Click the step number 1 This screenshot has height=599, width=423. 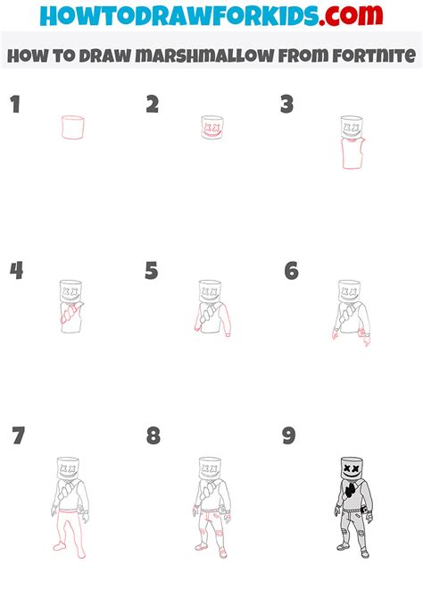pyautogui.click(x=15, y=105)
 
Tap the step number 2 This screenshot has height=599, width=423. pyautogui.click(x=153, y=105)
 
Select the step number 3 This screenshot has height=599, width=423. pyautogui.click(x=286, y=105)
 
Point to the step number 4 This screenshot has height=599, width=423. pyautogui.click(x=16, y=271)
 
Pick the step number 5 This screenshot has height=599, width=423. pyautogui.click(x=152, y=271)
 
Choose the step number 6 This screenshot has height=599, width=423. pyautogui.click(x=291, y=271)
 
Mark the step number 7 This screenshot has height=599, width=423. pyautogui.click(x=18, y=437)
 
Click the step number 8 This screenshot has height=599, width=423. pyautogui.click(x=153, y=436)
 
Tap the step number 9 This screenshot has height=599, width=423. pyautogui.click(x=288, y=436)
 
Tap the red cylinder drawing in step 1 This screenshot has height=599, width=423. pyautogui.click(x=73, y=128)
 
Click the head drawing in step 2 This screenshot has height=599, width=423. pyautogui.click(x=212, y=127)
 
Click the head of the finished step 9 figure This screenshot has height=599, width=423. pyautogui.click(x=351, y=469)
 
